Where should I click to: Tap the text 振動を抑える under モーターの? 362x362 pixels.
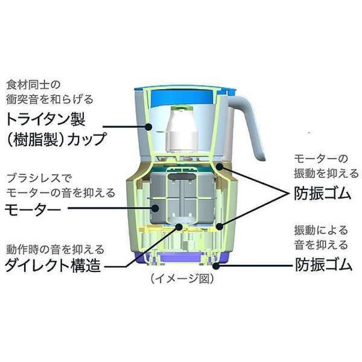[x=320, y=173]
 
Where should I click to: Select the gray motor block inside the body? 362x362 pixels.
[x=181, y=199]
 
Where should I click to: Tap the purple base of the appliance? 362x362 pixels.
[x=182, y=261]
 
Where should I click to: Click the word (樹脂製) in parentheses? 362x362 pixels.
[x=34, y=140]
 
